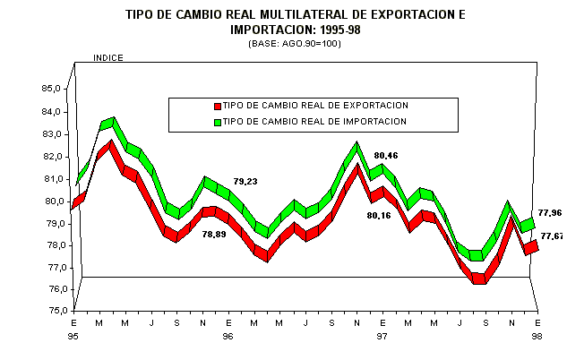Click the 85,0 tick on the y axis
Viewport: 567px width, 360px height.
(x=50, y=89)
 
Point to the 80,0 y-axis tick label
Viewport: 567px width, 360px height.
(x=50, y=201)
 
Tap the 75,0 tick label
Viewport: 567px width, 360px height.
(x=50, y=311)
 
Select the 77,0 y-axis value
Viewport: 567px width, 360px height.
(x=50, y=267)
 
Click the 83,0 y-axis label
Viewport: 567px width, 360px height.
(x=50, y=133)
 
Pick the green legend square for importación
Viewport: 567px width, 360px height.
(x=217, y=122)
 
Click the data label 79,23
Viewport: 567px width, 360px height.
(x=245, y=182)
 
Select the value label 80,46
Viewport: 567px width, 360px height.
(x=387, y=155)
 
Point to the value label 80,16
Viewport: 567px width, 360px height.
(x=381, y=215)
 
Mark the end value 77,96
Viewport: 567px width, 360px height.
(x=552, y=213)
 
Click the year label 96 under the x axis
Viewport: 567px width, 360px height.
(x=228, y=336)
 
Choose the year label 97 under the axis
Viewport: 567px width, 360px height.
(x=382, y=336)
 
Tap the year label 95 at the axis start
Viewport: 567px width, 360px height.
(x=73, y=336)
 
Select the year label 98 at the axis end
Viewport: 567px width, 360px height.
(x=537, y=336)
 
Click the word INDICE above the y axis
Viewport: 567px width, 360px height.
(x=108, y=58)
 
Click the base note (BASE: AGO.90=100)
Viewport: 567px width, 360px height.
(x=283, y=44)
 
